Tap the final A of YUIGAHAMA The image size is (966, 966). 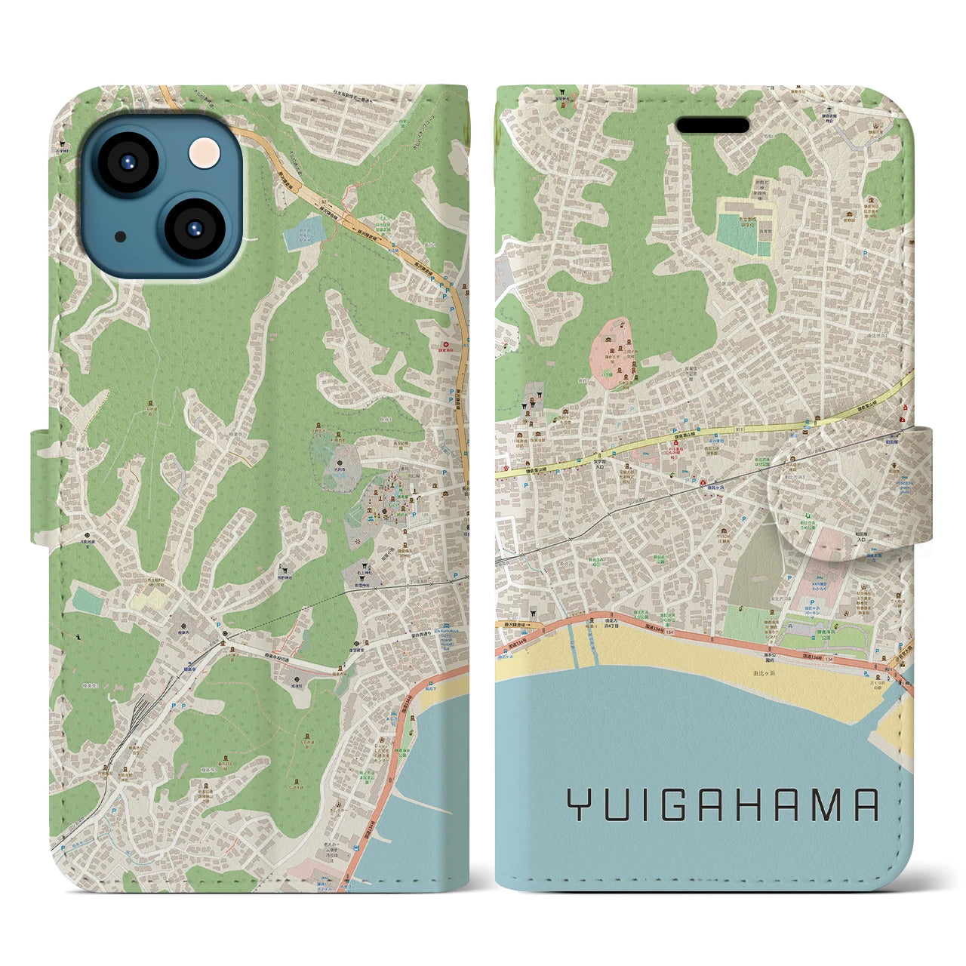[866, 805]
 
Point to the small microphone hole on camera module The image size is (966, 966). [119, 236]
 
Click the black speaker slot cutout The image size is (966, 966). [712, 125]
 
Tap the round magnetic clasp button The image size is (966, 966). [826, 495]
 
